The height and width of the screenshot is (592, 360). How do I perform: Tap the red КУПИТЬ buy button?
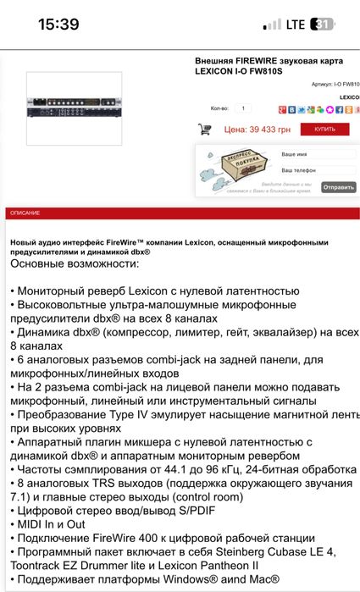coord(324,130)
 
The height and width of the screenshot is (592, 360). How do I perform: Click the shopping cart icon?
coord(204,130)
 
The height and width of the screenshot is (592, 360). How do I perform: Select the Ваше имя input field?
coord(317,155)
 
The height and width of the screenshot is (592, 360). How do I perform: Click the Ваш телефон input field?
coord(317,171)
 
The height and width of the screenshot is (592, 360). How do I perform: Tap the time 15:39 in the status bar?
coord(58,25)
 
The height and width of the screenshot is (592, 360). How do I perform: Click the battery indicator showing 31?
coord(323,25)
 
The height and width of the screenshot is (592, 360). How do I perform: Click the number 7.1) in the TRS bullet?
coord(24,497)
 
